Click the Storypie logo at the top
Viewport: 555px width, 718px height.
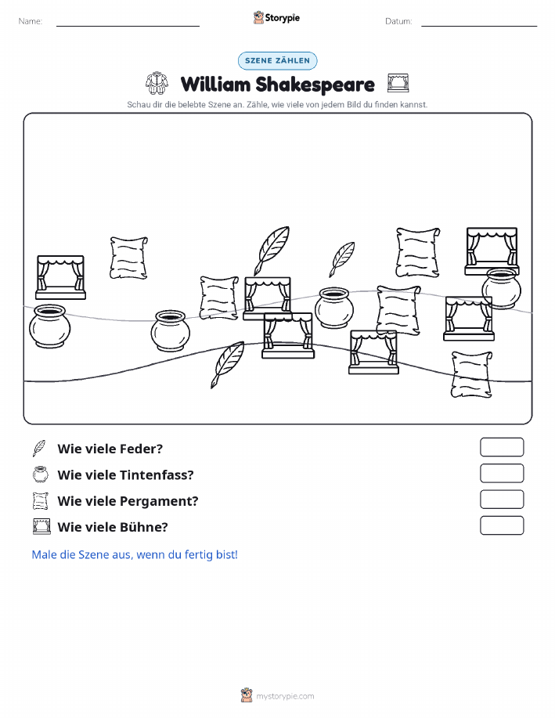click(276, 18)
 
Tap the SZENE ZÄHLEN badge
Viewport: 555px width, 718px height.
click(277, 60)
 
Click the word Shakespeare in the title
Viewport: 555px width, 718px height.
click(315, 85)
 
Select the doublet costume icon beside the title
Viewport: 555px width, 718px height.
click(157, 83)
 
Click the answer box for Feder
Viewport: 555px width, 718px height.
click(502, 447)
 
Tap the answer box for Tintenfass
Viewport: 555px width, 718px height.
click(502, 474)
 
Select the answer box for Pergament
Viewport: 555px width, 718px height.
click(502, 500)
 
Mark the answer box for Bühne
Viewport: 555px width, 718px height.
click(502, 525)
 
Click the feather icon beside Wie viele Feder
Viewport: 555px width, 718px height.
click(39, 449)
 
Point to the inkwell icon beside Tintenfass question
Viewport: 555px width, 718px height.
click(40, 474)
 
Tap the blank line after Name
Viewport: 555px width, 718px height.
click(128, 26)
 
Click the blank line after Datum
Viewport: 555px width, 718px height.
click(479, 26)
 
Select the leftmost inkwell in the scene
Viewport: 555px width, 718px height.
click(49, 326)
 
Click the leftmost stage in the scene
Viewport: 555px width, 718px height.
click(60, 277)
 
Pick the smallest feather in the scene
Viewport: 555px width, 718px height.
click(342, 259)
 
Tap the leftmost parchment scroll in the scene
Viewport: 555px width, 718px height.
click(128, 258)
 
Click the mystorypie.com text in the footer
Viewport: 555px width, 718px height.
click(285, 697)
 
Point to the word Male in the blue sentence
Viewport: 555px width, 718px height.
click(45, 554)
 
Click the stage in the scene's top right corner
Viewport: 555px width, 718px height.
click(492, 251)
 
